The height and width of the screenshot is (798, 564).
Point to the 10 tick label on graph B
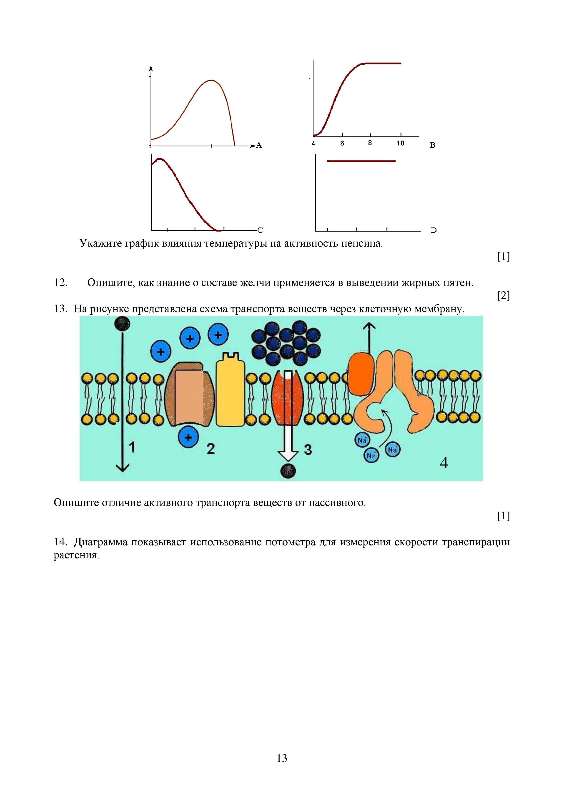[400, 143]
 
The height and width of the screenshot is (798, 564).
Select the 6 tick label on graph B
[342, 143]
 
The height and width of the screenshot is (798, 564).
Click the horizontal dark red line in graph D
[361, 161]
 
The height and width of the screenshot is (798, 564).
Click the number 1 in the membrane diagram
[132, 447]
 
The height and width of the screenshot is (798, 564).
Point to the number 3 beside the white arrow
[308, 450]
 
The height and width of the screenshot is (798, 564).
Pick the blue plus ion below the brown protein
[188, 437]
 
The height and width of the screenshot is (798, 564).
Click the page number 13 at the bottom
[282, 758]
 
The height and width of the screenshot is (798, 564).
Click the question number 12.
[60, 282]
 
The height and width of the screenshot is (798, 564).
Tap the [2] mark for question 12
[503, 295]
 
